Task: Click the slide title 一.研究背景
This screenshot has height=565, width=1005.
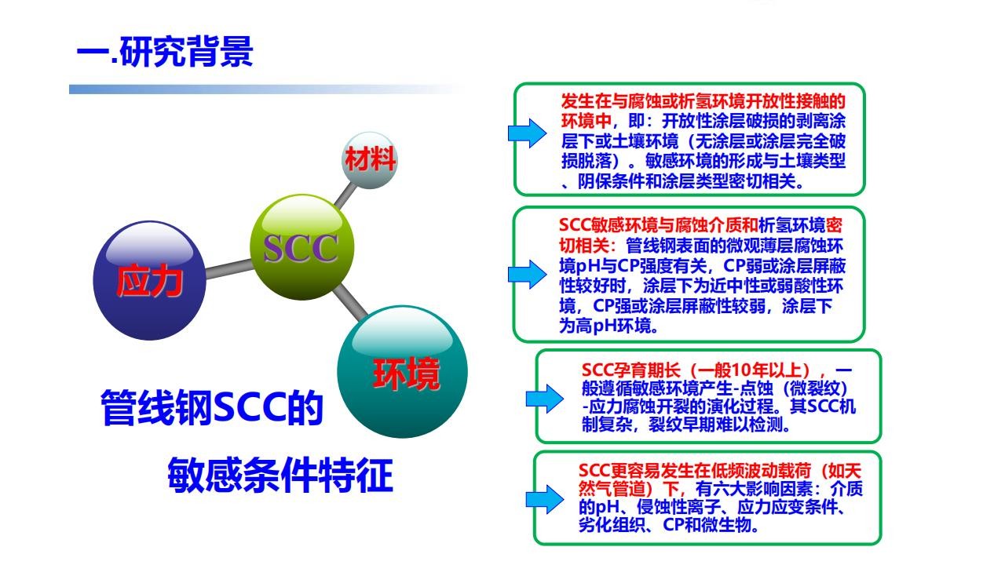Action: (165, 52)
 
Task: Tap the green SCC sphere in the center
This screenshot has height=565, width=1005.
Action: (301, 247)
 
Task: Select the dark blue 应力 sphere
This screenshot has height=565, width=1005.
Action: (149, 280)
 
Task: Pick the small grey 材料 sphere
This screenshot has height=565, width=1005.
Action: (370, 160)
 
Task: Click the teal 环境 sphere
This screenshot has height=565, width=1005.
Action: (403, 372)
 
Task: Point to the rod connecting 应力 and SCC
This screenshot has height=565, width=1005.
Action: (228, 268)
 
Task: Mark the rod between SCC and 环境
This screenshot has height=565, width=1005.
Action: (350, 303)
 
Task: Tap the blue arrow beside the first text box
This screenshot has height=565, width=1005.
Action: (527, 133)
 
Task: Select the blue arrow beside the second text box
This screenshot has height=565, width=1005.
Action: (527, 274)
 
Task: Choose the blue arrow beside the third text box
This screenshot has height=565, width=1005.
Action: (545, 398)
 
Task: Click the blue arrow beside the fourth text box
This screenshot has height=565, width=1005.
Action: (545, 498)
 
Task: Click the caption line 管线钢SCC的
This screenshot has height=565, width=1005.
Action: (212, 407)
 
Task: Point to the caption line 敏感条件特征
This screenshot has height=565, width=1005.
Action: (280, 476)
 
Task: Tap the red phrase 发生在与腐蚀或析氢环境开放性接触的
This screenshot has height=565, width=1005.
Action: (703, 101)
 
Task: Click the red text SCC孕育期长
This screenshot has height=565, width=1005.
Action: (631, 370)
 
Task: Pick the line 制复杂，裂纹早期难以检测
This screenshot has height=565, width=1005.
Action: (686, 424)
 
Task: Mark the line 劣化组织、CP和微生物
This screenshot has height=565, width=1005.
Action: (668, 525)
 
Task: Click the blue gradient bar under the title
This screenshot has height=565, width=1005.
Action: (267, 89)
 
